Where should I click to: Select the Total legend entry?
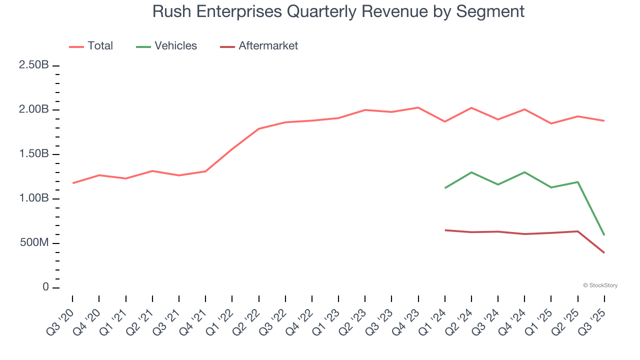[x=91, y=46]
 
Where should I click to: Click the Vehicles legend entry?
[x=166, y=46]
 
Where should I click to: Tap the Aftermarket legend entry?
[x=259, y=46]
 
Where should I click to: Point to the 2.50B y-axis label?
[x=33, y=65]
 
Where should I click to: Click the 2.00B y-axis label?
[x=33, y=110]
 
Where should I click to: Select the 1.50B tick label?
[x=33, y=154]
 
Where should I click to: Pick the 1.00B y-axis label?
[x=33, y=198]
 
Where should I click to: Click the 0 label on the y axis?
[x=45, y=287]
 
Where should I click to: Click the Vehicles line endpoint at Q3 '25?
[x=604, y=235]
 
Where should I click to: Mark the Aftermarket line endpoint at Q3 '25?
[x=604, y=252]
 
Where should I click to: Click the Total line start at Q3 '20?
[x=73, y=183]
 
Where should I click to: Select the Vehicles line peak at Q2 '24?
[x=471, y=172]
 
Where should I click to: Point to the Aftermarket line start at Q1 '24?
[x=445, y=230]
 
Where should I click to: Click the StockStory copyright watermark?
[x=600, y=285]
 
